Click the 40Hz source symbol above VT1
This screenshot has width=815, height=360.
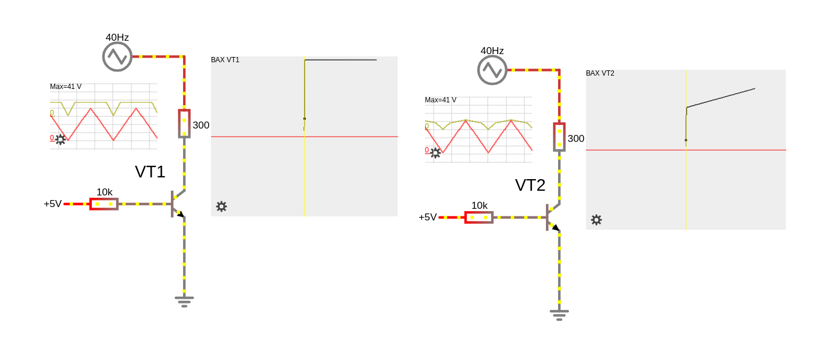(117, 56)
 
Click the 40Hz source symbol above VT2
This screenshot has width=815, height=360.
(492, 70)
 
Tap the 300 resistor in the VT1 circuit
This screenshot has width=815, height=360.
(184, 123)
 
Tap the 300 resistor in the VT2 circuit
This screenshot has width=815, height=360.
(559, 137)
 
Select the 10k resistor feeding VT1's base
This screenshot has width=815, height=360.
(104, 204)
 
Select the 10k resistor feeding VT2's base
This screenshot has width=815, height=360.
(479, 217)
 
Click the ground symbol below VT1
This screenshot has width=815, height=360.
(184, 301)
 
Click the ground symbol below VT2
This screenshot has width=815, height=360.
(559, 314)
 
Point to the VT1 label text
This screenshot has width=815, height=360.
(150, 172)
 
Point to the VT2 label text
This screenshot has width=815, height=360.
(530, 185)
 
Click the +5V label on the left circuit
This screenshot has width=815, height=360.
(53, 204)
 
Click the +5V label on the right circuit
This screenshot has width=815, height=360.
(428, 217)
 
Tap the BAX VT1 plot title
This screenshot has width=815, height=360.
(225, 60)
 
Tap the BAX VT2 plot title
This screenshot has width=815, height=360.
(600, 73)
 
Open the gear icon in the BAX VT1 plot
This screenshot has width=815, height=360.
(221, 206)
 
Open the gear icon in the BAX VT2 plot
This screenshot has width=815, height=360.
(596, 220)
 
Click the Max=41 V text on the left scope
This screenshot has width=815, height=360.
(66, 87)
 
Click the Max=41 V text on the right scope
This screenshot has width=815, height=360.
(441, 100)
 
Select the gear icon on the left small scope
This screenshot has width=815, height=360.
(60, 140)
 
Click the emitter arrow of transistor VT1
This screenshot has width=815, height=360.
(180, 214)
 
